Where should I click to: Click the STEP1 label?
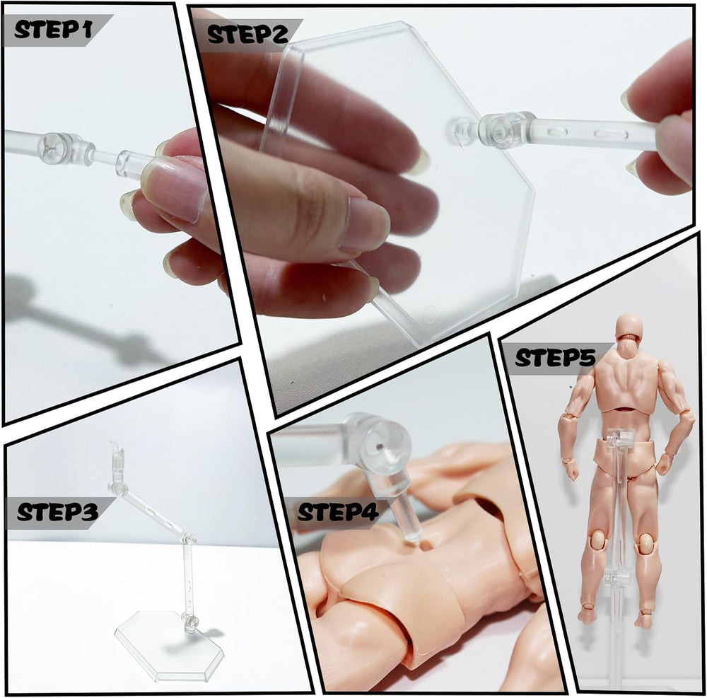point(53,30)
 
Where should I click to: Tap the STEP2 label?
point(247,35)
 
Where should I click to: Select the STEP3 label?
point(57,513)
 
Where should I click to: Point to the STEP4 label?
point(338,513)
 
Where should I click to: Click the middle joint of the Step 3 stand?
point(189,537)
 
